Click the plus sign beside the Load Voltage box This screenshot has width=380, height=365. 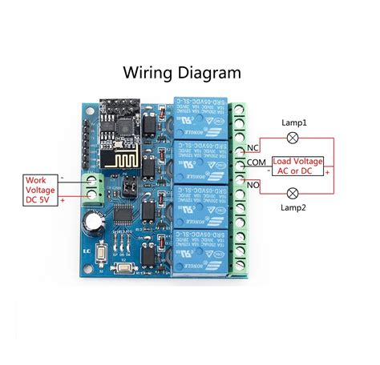pos(328,172)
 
